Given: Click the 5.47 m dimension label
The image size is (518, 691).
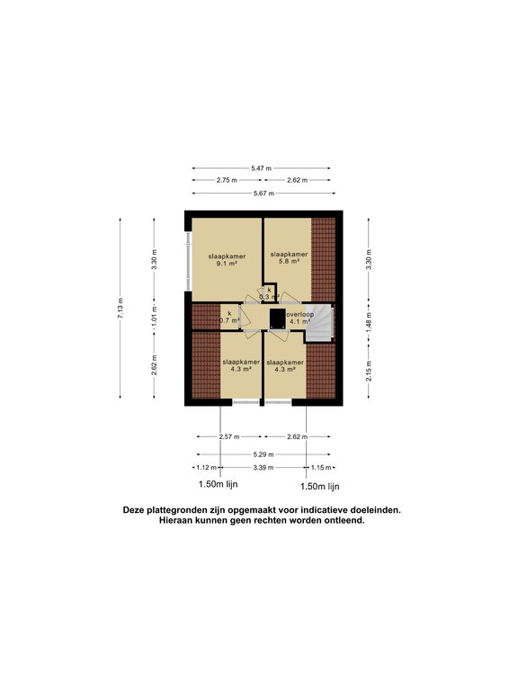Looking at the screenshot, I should pos(261,168).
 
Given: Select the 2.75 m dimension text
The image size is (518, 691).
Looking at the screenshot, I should pos(227,180).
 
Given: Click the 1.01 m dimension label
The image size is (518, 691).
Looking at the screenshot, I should pos(154,317).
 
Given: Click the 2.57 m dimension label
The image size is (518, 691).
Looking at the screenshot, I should pos(231,436).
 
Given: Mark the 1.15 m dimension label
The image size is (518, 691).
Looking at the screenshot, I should pos(319,468).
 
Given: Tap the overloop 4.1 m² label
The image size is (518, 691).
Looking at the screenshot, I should pos(299,318).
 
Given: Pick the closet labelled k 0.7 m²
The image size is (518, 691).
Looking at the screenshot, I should pos(230,317).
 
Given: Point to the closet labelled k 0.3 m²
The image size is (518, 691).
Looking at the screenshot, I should pos(268,292).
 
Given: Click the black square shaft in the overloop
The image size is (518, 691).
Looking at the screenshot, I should pos(277,317).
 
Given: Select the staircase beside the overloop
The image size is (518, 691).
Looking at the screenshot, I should pos(322,323).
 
